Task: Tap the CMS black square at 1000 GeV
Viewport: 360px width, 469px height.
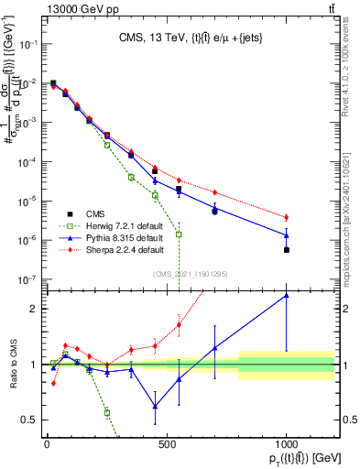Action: click(287, 249)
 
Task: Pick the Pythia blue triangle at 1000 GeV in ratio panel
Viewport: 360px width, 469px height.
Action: click(287, 295)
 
